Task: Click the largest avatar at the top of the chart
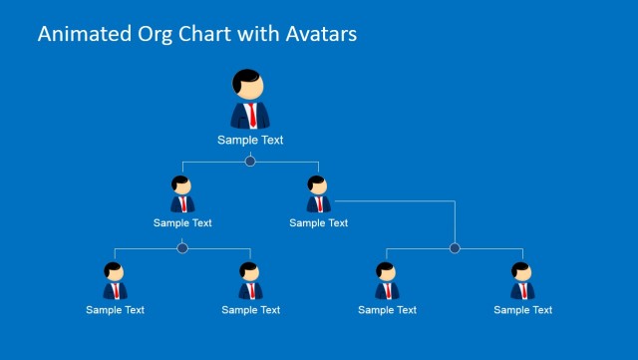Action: (250, 99)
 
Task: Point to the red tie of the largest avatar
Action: (253, 115)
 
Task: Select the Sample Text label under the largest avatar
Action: (250, 141)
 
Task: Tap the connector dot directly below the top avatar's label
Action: (250, 161)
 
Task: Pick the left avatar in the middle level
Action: (182, 194)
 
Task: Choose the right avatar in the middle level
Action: (318, 194)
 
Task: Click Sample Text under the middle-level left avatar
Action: (182, 222)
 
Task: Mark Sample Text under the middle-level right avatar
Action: (319, 222)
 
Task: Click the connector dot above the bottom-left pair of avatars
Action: (182, 248)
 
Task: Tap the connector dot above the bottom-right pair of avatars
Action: (455, 248)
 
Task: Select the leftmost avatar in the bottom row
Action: (115, 281)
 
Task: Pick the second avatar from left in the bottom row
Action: (250, 281)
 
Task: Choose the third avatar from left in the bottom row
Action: (387, 281)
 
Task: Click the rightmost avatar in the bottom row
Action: (522, 281)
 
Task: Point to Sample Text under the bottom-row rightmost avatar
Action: (522, 310)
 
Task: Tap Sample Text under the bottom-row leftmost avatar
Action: (115, 310)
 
